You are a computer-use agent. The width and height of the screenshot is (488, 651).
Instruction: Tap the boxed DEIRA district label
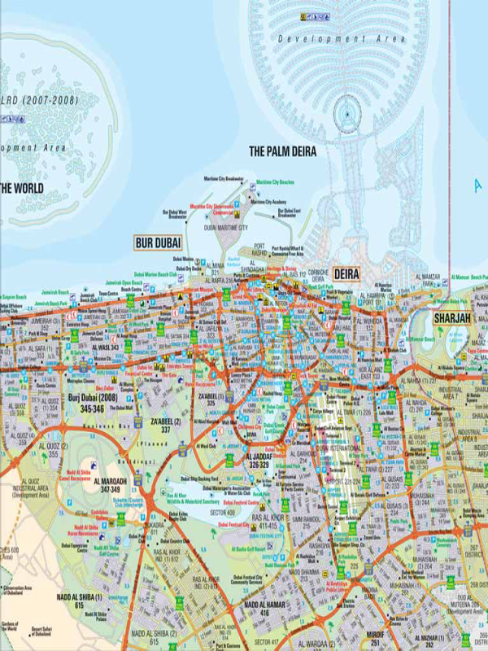(346, 275)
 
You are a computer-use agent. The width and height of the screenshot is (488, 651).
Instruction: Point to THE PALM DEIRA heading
(282, 151)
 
